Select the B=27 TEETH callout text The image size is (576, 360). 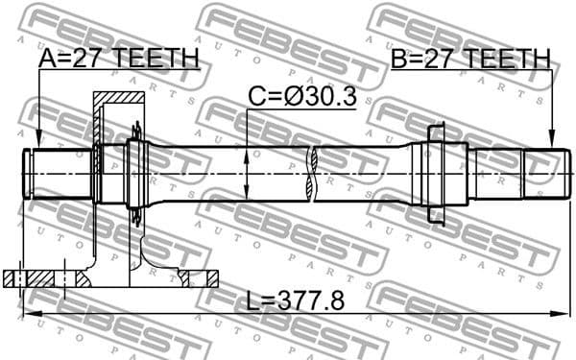(470, 60)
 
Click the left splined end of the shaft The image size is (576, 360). (58, 172)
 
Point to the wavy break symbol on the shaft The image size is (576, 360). (311, 173)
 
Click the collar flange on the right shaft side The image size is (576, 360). (436, 173)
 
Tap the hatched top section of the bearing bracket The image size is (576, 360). (117, 99)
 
